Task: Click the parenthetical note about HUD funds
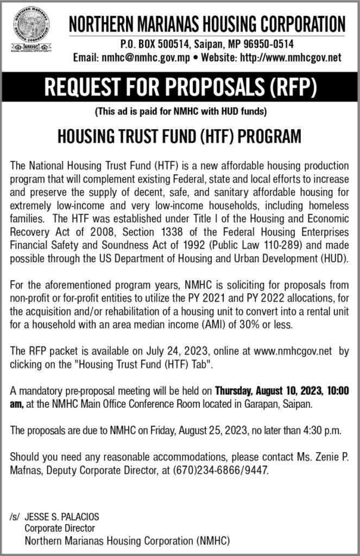coord(180,113)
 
